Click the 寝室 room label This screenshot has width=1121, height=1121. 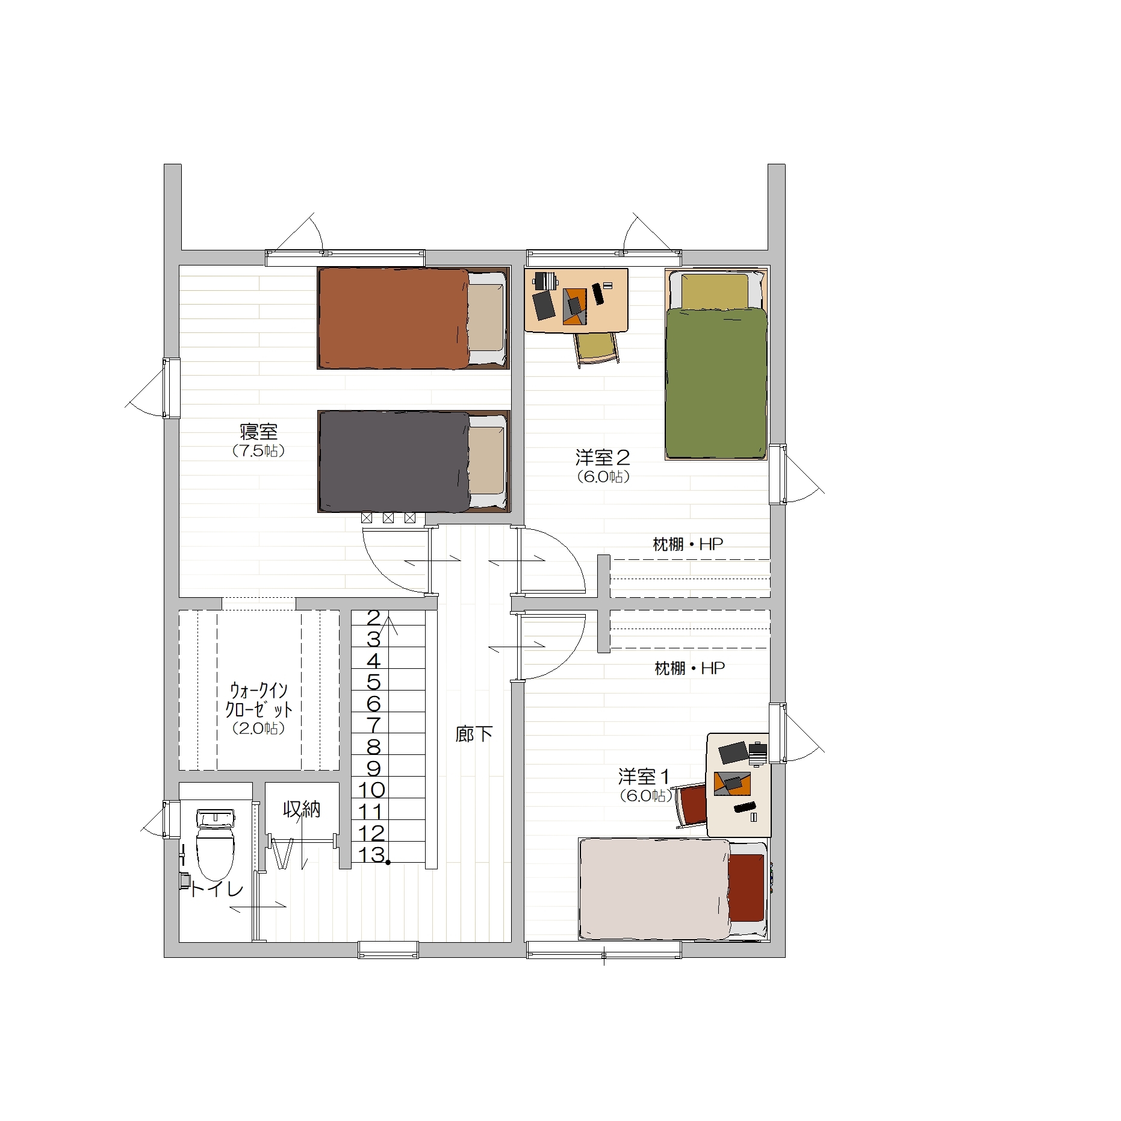coord(259,432)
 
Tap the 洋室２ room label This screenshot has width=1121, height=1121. coord(603,458)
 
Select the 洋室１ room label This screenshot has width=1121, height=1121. coord(644,777)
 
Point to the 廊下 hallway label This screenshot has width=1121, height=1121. coord(474,734)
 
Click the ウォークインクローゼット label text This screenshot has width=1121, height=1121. coord(259,700)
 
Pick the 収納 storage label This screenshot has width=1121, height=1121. coord(302,810)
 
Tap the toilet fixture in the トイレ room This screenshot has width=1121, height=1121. coord(215,844)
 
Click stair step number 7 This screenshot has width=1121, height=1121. coord(374,725)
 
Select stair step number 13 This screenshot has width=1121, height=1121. coord(371,854)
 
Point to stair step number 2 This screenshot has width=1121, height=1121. coord(374,618)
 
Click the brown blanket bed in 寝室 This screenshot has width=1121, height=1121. coord(414,318)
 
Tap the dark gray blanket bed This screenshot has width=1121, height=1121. coord(414,462)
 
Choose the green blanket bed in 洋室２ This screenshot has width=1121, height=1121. coord(716,365)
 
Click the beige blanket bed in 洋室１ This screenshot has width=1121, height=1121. coord(673,889)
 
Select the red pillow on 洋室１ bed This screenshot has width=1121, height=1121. coord(747,887)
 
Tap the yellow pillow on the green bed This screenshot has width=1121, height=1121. coord(715,290)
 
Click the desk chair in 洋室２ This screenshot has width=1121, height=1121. coord(597,349)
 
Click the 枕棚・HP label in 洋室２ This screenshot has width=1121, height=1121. coord(688,544)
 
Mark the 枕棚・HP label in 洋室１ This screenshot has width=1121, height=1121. coord(690,668)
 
